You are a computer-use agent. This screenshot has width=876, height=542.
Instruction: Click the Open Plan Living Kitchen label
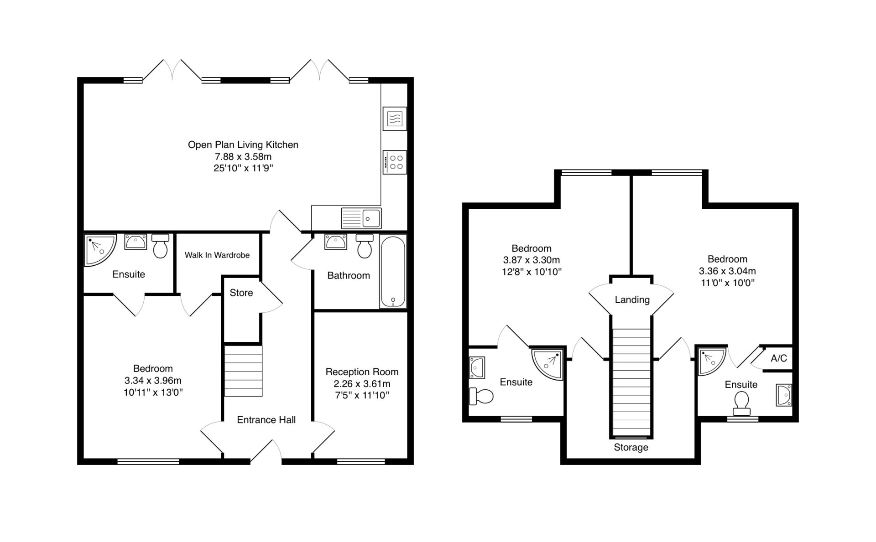tap(243, 145)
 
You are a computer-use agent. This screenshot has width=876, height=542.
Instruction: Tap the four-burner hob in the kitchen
tap(395, 162)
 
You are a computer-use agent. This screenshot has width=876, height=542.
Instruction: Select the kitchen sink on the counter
tap(361, 218)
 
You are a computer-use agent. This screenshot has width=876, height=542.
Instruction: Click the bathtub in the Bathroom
tap(393, 272)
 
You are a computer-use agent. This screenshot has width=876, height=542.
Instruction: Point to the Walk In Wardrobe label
tap(217, 255)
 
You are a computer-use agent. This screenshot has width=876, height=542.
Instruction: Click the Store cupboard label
tap(241, 293)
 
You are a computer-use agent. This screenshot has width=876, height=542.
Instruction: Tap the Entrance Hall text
tap(266, 420)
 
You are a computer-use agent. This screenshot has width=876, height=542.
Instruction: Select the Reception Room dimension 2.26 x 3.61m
tap(362, 384)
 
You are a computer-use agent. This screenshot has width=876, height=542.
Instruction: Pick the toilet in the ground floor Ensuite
tap(160, 246)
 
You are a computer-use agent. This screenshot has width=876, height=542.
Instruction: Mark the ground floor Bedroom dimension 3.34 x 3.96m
tap(153, 381)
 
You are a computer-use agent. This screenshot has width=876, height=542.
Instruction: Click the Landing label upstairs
tap(632, 300)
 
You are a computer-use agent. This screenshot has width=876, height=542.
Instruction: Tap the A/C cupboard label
tap(779, 358)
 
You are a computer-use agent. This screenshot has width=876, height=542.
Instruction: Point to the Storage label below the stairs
tap(631, 448)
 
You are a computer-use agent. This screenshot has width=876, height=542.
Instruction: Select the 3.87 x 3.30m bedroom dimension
tap(532, 260)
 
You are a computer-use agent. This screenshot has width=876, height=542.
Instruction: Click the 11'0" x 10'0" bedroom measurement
tap(728, 283)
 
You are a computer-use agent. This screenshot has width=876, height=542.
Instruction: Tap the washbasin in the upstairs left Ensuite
tap(477, 368)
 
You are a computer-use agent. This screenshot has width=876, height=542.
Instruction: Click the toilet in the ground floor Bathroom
tap(365, 246)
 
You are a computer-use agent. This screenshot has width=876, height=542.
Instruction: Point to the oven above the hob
tap(395, 119)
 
